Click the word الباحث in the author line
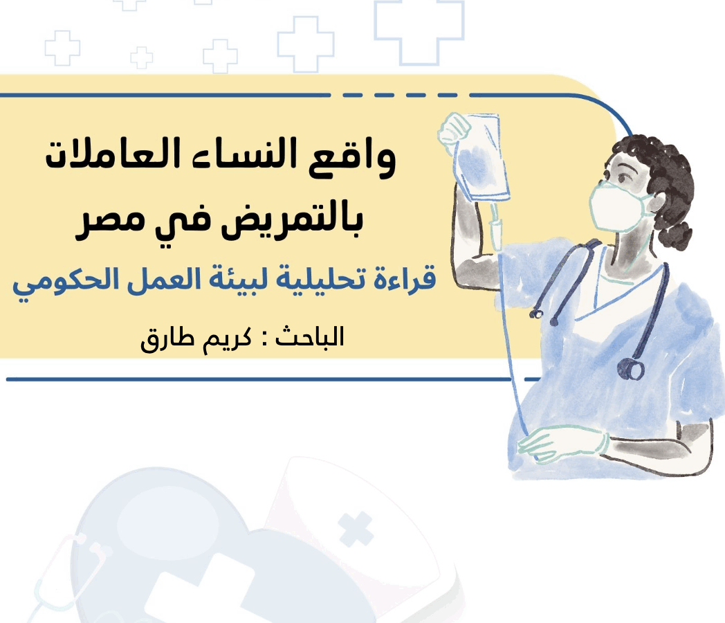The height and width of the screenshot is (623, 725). coord(309,336)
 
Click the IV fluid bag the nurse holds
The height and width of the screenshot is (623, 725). coord(481,157)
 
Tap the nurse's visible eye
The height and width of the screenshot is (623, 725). coord(623,178)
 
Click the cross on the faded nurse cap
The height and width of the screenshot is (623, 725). coord(355,529)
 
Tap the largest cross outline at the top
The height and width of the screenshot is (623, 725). coord(419,33)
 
